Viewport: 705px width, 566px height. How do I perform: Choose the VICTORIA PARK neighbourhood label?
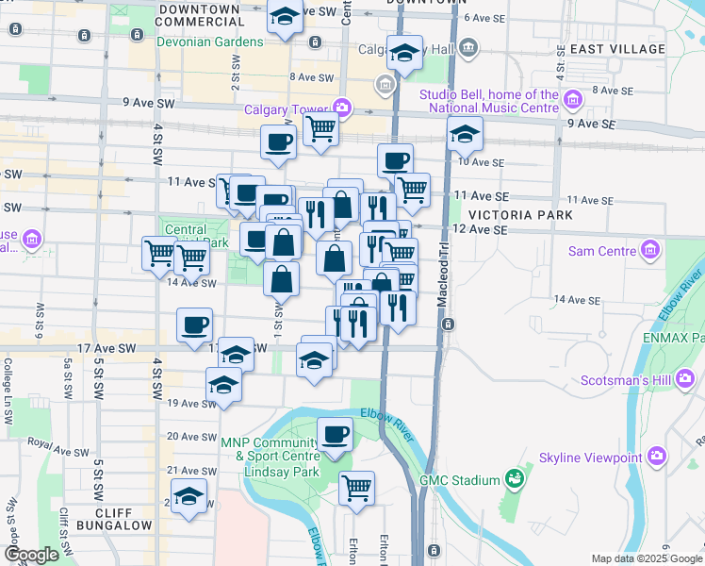coord(526,215)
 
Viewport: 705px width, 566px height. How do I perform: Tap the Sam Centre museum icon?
coord(649,250)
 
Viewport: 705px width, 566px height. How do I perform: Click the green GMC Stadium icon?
coord(514,480)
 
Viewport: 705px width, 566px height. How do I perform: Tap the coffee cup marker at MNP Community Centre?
coord(335,435)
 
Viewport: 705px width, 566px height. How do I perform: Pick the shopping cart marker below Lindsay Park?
coord(356,488)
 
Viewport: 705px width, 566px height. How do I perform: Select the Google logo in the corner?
coord(32,555)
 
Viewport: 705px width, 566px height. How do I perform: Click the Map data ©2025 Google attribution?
coord(646,558)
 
